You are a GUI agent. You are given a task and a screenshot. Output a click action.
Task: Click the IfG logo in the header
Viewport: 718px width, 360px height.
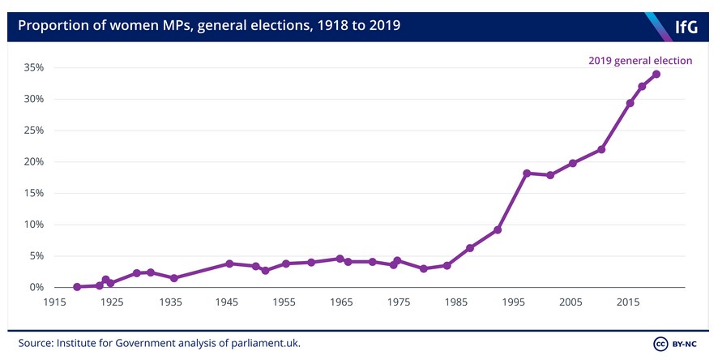(x=686, y=27)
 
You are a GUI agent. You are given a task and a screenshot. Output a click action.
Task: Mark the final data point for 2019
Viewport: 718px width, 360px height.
(x=656, y=74)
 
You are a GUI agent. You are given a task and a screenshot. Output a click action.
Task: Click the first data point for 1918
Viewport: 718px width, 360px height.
(x=77, y=286)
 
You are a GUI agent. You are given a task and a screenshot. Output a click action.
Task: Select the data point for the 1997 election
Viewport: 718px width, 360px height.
(x=527, y=173)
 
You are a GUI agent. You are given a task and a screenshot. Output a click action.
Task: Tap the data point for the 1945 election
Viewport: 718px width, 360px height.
(x=229, y=264)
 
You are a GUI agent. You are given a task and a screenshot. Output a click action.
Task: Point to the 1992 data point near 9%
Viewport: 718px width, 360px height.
(x=498, y=229)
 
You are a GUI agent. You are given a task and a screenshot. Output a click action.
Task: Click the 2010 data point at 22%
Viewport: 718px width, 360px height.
(x=601, y=149)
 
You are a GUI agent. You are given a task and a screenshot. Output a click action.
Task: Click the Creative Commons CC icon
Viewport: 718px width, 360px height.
(x=660, y=343)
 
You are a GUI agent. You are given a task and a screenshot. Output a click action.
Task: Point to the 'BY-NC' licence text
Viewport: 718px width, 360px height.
(x=687, y=343)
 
